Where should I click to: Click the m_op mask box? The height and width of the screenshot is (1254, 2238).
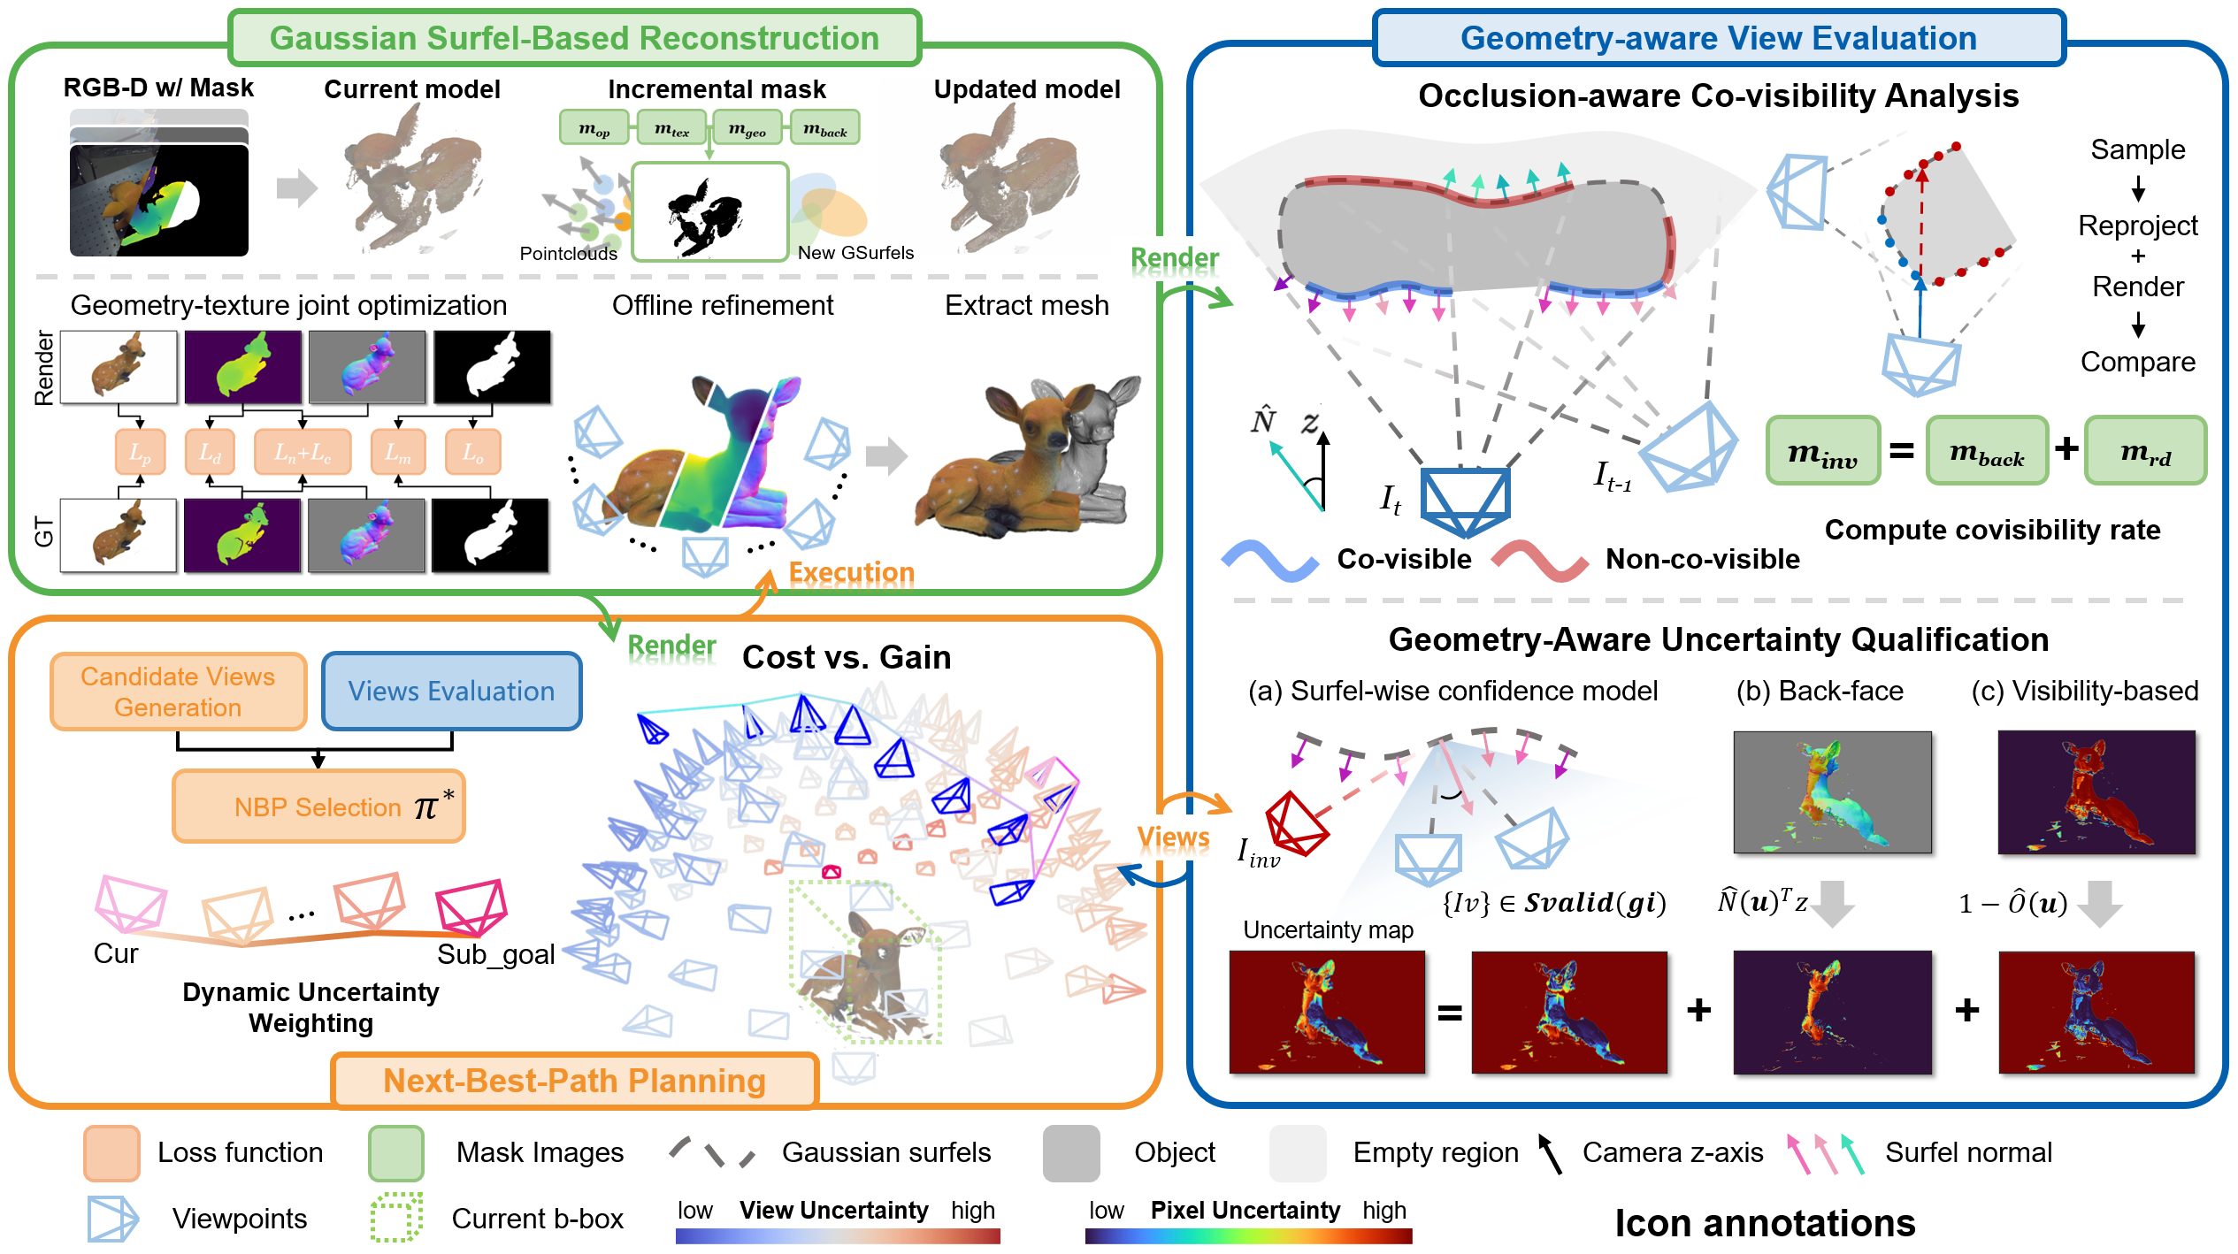coord(594,128)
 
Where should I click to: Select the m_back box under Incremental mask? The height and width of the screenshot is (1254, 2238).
coord(824,128)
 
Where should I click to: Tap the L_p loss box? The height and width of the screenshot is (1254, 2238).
coord(140,452)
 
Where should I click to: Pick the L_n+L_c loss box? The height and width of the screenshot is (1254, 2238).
coord(302,452)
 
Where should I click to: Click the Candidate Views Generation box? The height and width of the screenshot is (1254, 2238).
coord(178,692)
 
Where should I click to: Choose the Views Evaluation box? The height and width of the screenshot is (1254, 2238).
coord(451,692)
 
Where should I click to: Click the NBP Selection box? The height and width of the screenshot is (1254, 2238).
coord(318,807)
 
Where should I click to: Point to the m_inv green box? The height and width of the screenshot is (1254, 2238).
coord(1822,451)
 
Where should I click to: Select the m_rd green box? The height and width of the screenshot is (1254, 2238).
coord(2145,451)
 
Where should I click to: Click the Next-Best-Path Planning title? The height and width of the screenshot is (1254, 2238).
coord(574,1081)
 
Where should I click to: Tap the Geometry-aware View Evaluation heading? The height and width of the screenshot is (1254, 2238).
coord(1718,38)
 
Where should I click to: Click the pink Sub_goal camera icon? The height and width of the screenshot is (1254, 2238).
coord(471,906)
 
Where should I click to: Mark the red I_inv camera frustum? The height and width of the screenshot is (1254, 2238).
coord(1295,822)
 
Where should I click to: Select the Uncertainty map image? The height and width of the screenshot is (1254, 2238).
coord(1327,1012)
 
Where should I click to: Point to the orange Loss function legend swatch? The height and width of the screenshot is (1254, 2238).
coord(111,1153)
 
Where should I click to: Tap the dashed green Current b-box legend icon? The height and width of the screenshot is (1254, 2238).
coord(396,1218)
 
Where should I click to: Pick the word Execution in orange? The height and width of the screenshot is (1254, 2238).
coord(851,572)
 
